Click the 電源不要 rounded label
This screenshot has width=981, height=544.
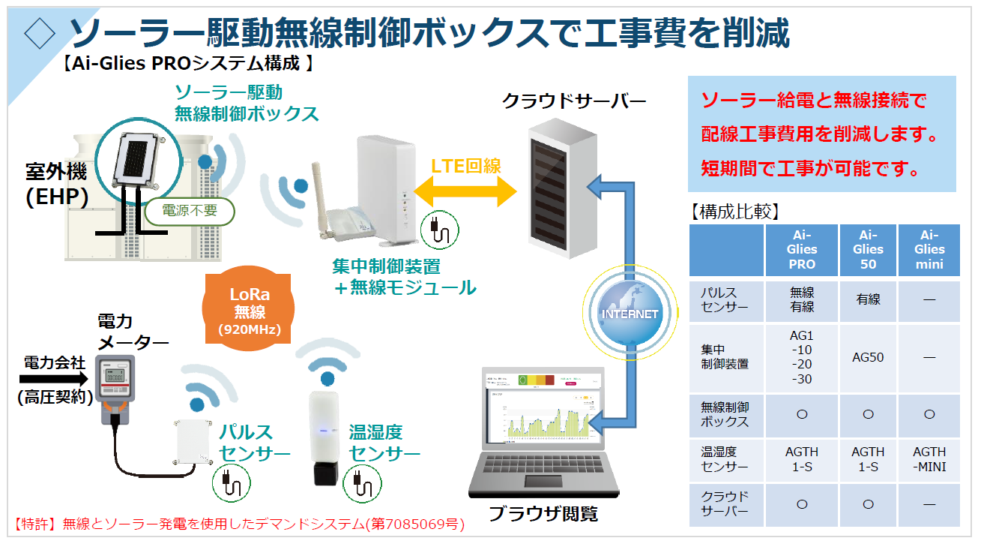click(x=190, y=211)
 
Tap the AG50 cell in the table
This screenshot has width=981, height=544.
click(x=868, y=357)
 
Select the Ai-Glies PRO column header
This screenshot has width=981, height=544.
click(x=802, y=249)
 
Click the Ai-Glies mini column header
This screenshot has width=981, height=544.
click(x=929, y=249)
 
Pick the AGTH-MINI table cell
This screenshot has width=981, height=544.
click(x=929, y=459)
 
